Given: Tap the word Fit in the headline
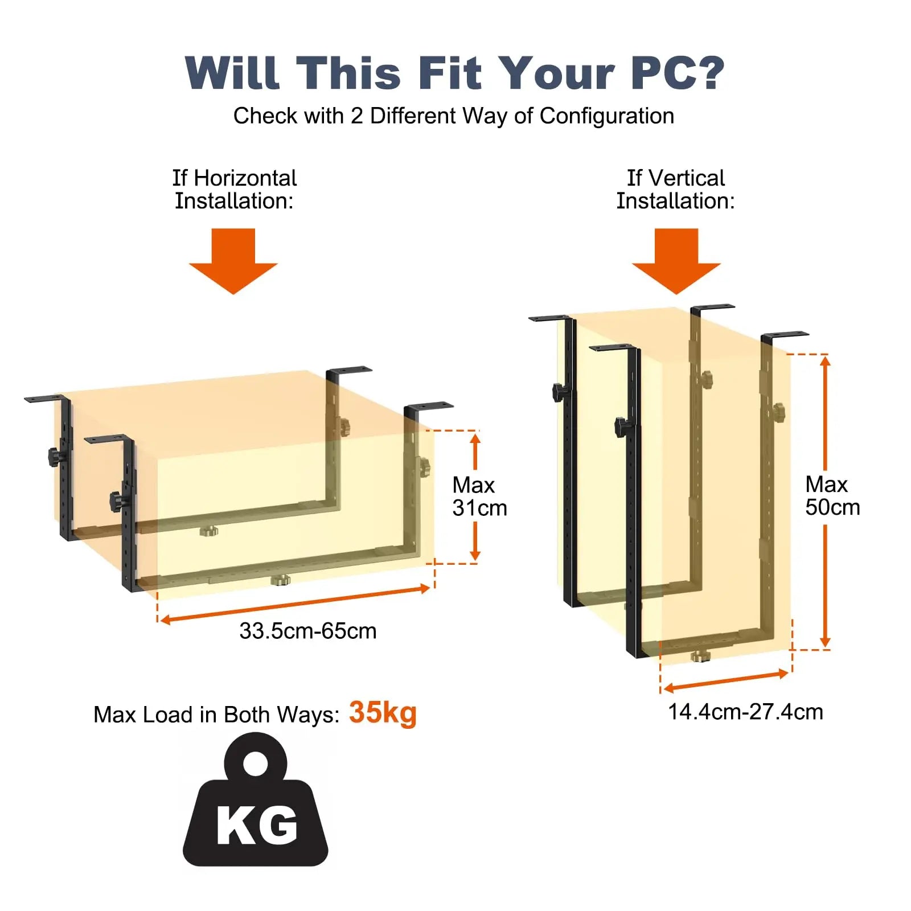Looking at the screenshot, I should (450, 73).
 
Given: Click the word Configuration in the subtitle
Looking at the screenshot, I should (606, 116).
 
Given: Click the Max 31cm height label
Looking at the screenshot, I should (479, 496).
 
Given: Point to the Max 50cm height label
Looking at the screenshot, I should (832, 496).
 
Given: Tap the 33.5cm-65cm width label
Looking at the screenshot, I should (308, 631).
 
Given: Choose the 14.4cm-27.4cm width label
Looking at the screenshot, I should (745, 712).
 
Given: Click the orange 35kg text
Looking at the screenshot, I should (383, 713).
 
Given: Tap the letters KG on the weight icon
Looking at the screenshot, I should (257, 825).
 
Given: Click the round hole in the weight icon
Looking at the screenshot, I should (255, 764).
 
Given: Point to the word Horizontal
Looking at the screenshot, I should (245, 178).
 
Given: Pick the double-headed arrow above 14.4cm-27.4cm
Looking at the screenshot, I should (726, 681).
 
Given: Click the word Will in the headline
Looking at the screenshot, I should (233, 73).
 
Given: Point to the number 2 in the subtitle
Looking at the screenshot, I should (356, 116).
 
